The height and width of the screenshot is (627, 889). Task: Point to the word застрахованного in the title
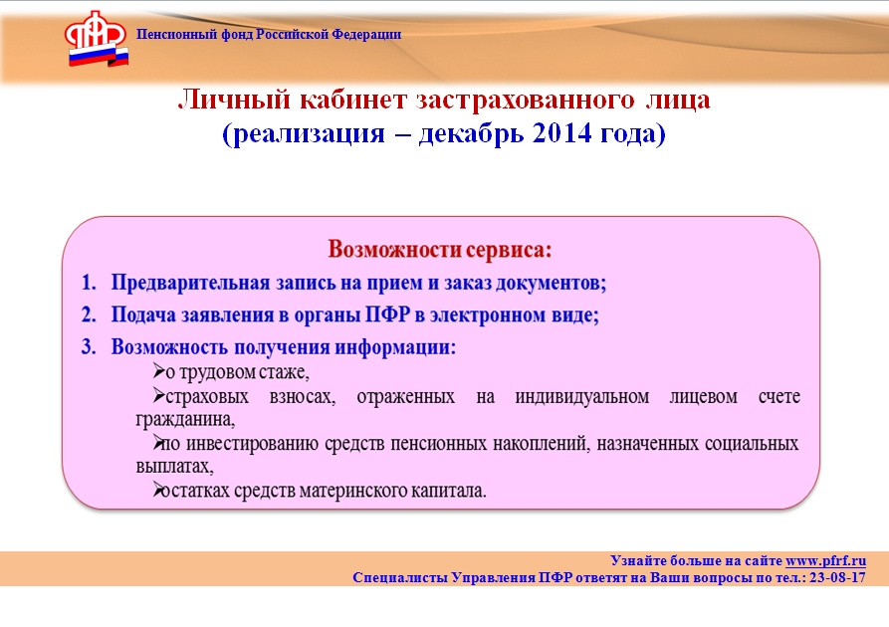526,101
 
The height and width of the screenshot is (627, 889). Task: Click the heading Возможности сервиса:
440,250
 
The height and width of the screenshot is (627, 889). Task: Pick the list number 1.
89,283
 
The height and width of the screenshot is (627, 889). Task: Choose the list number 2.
89,314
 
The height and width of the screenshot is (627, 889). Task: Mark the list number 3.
89,347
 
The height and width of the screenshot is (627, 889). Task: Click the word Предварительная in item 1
190,283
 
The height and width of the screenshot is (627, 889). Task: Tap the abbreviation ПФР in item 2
387,314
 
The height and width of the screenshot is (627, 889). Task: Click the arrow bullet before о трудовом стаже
158,371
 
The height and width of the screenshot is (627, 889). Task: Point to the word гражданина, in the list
185,420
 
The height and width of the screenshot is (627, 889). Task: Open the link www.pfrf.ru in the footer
825,560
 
